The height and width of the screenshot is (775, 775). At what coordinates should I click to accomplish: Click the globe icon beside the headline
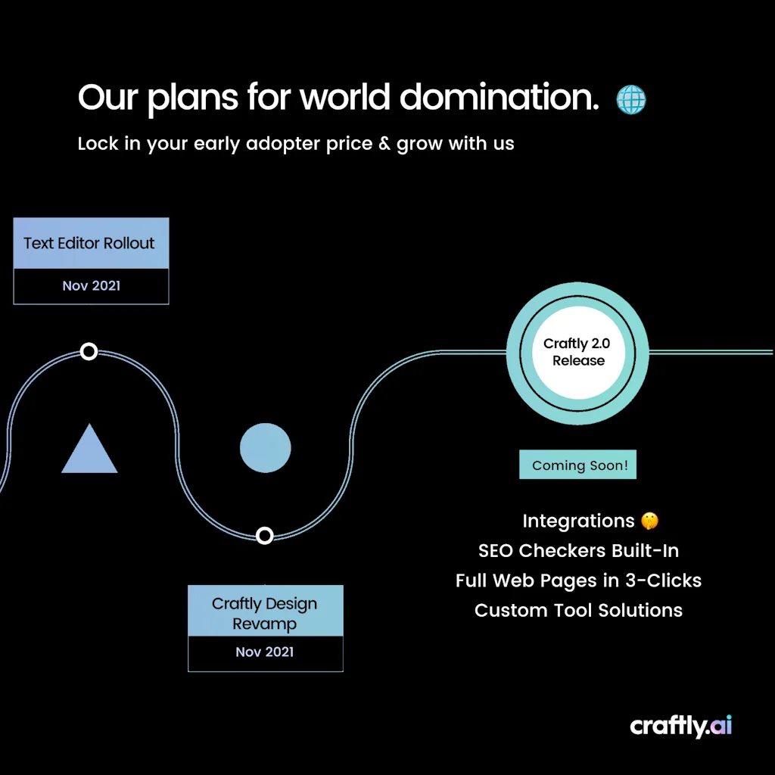[630, 99]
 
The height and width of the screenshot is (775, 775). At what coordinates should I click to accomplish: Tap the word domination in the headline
[499, 98]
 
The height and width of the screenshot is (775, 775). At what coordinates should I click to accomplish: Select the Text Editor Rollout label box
[91, 243]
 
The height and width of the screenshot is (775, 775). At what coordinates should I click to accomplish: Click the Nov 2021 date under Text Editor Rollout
[91, 286]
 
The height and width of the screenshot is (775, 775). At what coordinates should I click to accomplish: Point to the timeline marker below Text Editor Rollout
[89, 351]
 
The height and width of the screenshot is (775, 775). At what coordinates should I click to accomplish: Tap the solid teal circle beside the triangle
[265, 448]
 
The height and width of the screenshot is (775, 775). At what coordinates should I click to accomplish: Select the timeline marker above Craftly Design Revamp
[264, 536]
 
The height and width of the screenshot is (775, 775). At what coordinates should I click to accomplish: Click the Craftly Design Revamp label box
[265, 613]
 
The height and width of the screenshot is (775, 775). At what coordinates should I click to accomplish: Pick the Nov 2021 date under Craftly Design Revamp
[265, 652]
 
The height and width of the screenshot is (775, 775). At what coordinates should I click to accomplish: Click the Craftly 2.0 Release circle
[577, 353]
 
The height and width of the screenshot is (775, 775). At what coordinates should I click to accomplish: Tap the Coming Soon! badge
[577, 465]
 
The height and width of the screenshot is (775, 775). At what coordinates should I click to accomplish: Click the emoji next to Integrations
[649, 521]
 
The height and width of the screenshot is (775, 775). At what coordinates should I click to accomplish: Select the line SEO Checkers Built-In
[578, 550]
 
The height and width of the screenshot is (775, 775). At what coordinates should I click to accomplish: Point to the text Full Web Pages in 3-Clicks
[578, 580]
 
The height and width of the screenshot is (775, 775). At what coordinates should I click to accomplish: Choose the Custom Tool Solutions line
[578, 610]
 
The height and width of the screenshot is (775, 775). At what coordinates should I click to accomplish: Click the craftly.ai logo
[681, 726]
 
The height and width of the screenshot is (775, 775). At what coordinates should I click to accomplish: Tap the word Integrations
[578, 521]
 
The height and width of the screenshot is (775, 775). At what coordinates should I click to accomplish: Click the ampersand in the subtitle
[384, 144]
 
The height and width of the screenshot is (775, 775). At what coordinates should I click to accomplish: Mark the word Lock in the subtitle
[98, 144]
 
